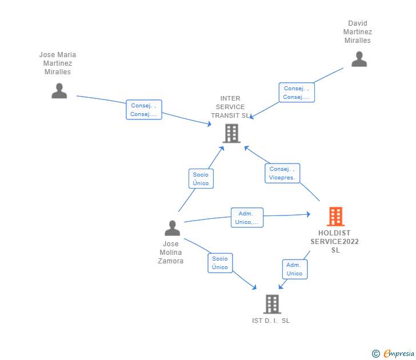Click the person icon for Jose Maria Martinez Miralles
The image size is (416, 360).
click(x=59, y=91)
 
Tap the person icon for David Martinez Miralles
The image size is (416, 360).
click(x=359, y=59)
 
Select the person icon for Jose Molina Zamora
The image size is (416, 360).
click(x=172, y=228)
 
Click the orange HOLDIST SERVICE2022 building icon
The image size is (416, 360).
click(x=335, y=217)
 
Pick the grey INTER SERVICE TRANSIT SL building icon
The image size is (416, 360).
click(x=231, y=134)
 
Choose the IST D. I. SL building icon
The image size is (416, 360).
click(x=272, y=304)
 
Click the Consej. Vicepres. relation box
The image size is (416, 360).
click(x=282, y=173)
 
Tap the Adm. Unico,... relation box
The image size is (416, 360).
click(x=247, y=218)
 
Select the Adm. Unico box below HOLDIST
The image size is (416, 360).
click(x=295, y=269)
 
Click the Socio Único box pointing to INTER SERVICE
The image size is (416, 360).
click(x=201, y=179)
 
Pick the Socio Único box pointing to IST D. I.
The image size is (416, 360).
click(x=220, y=263)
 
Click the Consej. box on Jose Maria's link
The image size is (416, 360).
click(x=144, y=110)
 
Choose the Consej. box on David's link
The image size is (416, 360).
click(x=297, y=93)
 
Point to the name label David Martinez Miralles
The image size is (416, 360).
click(x=358, y=32)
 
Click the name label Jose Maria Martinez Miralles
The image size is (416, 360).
click(x=58, y=63)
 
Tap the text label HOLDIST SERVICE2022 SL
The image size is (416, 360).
click(x=334, y=241)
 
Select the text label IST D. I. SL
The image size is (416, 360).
click(x=271, y=321)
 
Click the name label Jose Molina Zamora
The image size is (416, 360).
click(x=171, y=253)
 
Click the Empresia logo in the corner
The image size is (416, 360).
click(x=393, y=353)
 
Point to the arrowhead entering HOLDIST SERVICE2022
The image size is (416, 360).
click(x=309, y=214)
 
